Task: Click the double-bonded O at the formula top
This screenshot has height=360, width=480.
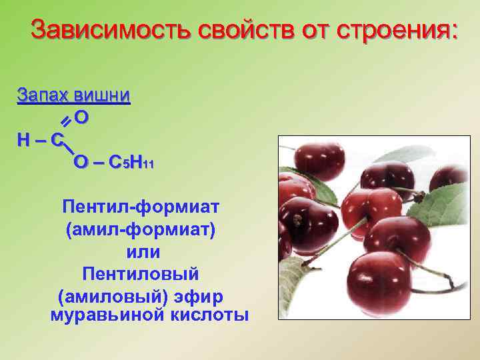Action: point(82,118)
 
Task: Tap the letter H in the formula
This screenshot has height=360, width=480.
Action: point(25,140)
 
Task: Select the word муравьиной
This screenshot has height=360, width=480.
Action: point(104,314)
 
